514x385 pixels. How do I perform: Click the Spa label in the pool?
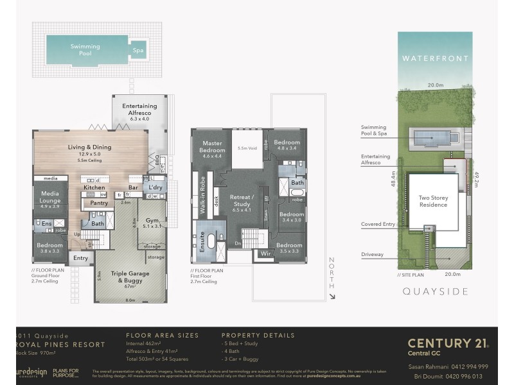pos(137,50)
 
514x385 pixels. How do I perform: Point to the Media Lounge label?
pos(50,196)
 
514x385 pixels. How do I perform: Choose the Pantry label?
pos(99,203)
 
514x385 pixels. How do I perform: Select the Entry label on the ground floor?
pos(80,259)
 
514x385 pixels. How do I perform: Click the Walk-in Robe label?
pos(203,194)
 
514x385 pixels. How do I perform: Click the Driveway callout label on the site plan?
pos(372,254)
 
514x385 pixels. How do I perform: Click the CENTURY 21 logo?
pos(448,345)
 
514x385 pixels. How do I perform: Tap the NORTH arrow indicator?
pos(332,277)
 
